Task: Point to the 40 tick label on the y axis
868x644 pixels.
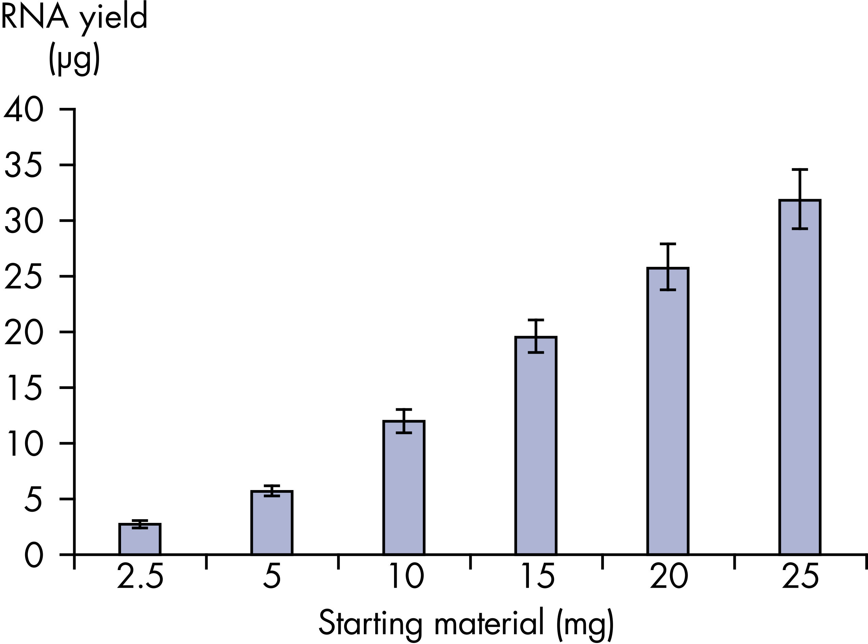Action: tap(23, 110)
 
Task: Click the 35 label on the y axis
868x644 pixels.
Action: tap(23, 165)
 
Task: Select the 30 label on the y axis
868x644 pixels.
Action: tap(23, 221)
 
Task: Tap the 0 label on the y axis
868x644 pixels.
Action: tap(34, 555)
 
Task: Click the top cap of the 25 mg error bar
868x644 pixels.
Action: tap(800, 170)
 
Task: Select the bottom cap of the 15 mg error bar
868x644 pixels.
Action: tap(536, 352)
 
